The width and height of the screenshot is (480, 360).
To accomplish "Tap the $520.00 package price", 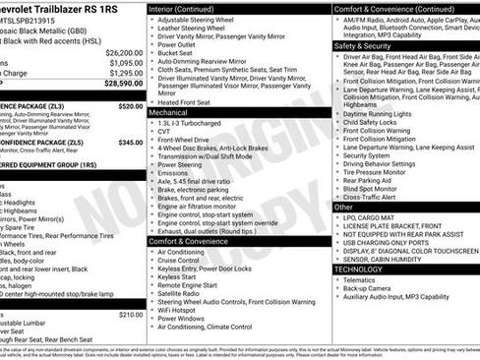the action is pos(130,105).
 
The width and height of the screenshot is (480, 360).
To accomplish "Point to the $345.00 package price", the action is pos(130,143).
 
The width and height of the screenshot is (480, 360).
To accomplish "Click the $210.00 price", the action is pos(130,315).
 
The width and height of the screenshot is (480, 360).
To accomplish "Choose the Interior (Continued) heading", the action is pos(186,8).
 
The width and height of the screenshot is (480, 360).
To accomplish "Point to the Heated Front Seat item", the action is pos(183,102).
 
